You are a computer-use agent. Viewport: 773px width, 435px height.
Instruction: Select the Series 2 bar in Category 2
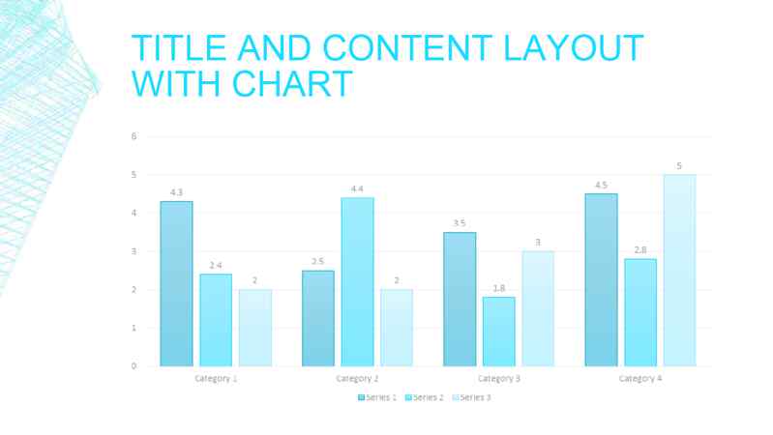pyautogui.click(x=357, y=281)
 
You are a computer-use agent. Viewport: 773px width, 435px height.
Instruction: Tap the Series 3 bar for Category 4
pyautogui.click(x=679, y=270)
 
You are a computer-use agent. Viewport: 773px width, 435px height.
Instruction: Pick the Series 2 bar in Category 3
pyautogui.click(x=498, y=332)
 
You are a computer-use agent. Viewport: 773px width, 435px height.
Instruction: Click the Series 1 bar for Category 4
pyautogui.click(x=601, y=279)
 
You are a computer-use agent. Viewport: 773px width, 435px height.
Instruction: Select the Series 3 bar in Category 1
pyautogui.click(x=255, y=328)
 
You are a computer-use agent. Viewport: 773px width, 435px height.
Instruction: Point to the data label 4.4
pyautogui.click(x=357, y=188)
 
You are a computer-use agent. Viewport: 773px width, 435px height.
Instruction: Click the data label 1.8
pyautogui.click(x=498, y=288)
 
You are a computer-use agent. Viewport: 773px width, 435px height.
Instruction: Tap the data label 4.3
pyautogui.click(x=176, y=192)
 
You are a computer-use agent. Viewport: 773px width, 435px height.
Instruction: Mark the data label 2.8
pyautogui.click(x=640, y=250)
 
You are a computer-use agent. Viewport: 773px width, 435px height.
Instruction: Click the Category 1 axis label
pyautogui.click(x=216, y=378)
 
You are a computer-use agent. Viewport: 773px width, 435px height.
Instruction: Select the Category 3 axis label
pyautogui.click(x=498, y=378)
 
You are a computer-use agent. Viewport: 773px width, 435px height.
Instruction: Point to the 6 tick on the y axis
pyautogui.click(x=134, y=136)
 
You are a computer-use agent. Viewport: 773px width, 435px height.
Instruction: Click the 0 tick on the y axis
pyautogui.click(x=134, y=366)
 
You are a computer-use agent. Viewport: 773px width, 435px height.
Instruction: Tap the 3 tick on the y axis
pyautogui.click(x=134, y=251)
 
